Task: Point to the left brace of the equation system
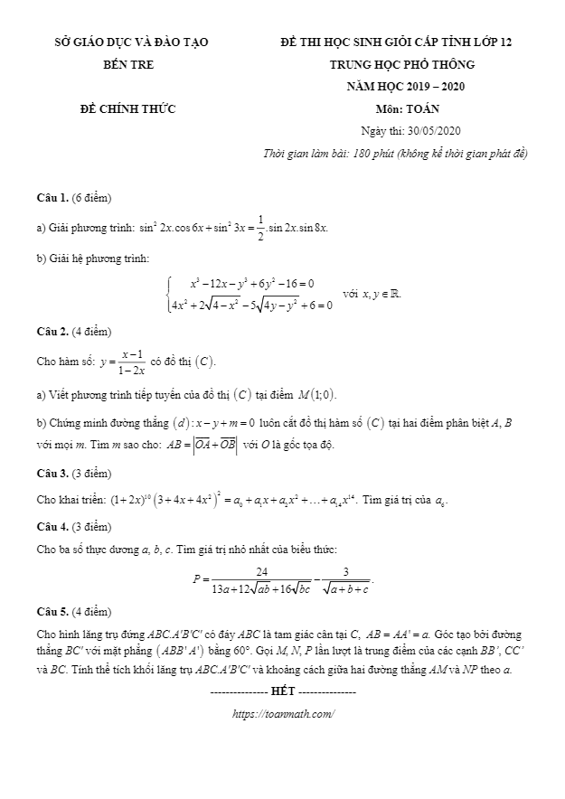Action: tap(170, 295)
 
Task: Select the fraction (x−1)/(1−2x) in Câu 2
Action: tap(133, 362)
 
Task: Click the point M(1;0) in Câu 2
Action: tap(324, 394)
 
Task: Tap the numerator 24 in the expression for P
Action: tap(262, 571)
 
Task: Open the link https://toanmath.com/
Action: tap(283, 714)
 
